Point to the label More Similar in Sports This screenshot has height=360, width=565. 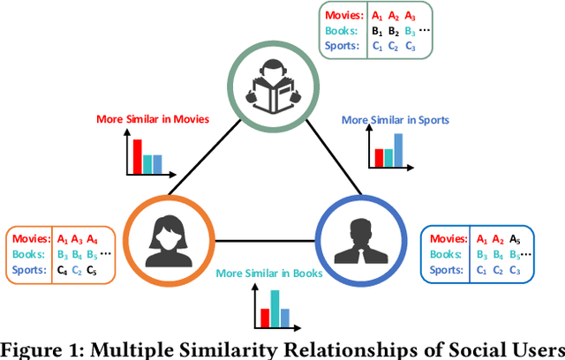(395, 119)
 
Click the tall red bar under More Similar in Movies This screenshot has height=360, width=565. (138, 156)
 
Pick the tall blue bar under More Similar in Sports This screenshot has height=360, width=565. (398, 151)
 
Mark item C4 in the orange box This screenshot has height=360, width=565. (62, 270)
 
